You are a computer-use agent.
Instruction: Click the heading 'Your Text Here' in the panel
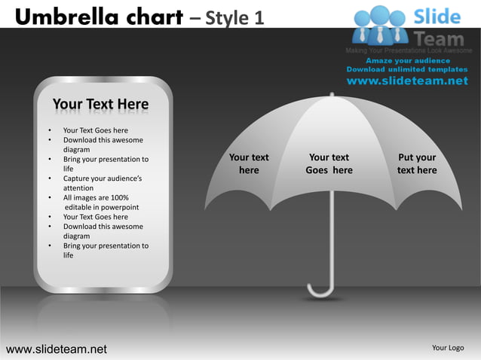coord(100,104)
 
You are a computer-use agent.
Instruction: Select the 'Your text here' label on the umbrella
coord(249,163)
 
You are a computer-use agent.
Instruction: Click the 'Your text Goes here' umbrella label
coord(329,163)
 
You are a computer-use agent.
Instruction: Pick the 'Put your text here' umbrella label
coord(417,163)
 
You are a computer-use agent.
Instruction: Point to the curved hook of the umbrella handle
coord(320,291)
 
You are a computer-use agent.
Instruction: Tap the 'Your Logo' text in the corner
coord(447,348)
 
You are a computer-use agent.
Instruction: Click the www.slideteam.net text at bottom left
coord(57,349)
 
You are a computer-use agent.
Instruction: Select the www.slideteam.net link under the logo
coord(407,81)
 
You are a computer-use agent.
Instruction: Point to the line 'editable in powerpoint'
coord(102,207)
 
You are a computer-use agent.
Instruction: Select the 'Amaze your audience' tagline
coord(408,60)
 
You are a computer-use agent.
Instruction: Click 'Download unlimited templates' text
coord(407,69)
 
